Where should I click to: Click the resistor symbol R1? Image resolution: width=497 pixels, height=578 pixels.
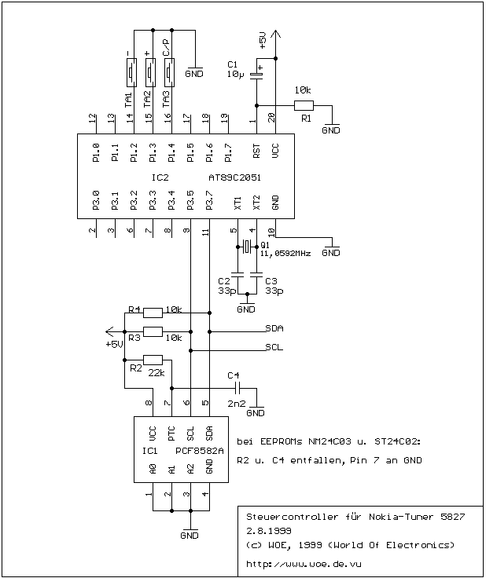point(304,106)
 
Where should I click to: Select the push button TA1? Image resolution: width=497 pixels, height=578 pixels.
point(131,72)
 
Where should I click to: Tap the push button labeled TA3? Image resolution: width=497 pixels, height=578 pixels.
point(169,72)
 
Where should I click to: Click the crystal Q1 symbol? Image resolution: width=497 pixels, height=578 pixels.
point(247,247)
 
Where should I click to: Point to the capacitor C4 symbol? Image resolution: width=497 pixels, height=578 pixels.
point(237,388)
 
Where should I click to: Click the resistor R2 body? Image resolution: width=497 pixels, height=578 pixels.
point(153,360)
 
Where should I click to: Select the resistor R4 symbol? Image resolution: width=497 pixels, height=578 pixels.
point(153,313)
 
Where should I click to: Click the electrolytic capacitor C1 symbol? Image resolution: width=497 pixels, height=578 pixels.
point(256,75)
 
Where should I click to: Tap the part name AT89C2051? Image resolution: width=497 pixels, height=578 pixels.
point(235,177)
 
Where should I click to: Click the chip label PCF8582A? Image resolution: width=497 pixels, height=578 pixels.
point(200,452)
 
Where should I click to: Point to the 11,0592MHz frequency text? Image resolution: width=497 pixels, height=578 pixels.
point(285,254)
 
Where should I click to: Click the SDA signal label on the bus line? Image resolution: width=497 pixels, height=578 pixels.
point(274,328)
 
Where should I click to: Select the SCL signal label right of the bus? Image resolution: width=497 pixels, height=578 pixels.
point(274,347)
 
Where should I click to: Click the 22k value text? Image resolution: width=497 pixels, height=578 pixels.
point(156,373)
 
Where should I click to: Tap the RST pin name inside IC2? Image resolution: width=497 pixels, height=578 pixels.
point(256,151)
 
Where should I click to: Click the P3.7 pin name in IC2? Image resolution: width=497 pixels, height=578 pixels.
point(209,200)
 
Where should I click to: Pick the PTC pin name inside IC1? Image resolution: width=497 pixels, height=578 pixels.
point(171,433)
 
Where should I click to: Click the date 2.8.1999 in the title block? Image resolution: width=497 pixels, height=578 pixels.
point(269,531)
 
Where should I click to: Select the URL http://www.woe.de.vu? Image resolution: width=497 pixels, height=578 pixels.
point(304,564)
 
